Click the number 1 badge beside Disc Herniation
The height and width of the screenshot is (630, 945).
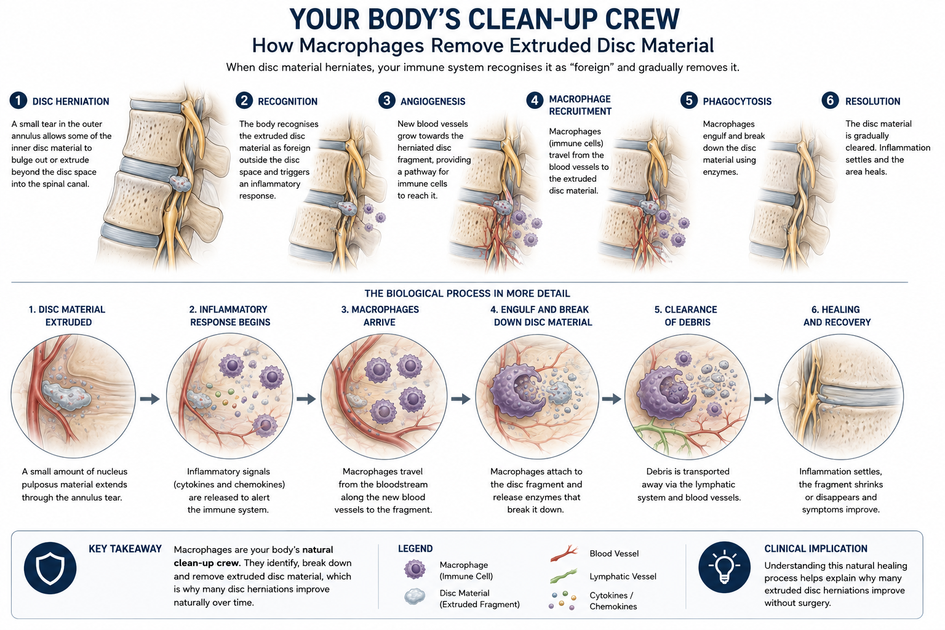[18, 101]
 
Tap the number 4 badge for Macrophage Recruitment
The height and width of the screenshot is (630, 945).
[535, 100]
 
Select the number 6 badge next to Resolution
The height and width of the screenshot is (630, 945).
[830, 100]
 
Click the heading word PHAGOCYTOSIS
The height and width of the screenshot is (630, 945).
[737, 102]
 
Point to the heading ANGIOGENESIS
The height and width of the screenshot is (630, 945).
[433, 102]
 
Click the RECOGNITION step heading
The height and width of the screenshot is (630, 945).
[288, 102]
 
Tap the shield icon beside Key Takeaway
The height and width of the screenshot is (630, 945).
[50, 568]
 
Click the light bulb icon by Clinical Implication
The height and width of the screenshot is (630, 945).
[724, 567]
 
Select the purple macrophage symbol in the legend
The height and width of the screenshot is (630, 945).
[415, 569]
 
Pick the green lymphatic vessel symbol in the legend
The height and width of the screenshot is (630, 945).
[563, 576]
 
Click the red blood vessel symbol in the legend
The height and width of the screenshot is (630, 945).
[564, 553]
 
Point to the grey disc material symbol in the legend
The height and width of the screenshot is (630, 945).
[415, 597]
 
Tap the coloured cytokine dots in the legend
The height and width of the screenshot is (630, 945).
[562, 600]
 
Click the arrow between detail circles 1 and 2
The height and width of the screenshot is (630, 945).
[150, 399]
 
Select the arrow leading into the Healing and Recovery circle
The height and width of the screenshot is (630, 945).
[763, 399]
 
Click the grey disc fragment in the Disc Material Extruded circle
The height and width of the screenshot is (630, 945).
[66, 396]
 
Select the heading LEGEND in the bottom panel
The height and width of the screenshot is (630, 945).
[415, 549]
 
